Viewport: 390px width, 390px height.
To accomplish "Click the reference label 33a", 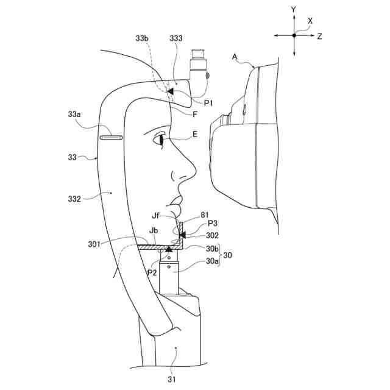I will click(x=74, y=113).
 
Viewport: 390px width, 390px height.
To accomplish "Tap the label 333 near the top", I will click(x=175, y=38).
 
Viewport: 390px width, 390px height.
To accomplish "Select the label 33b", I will click(x=141, y=38).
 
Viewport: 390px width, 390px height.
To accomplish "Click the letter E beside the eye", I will click(x=194, y=138).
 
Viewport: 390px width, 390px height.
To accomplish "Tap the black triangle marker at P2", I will click(x=169, y=250).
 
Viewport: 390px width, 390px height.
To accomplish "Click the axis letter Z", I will click(x=319, y=37).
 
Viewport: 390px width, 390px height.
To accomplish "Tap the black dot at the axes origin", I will click(x=294, y=35).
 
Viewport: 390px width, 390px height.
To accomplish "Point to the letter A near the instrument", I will click(x=235, y=56).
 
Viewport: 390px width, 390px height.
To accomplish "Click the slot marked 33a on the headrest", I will click(x=112, y=138).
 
